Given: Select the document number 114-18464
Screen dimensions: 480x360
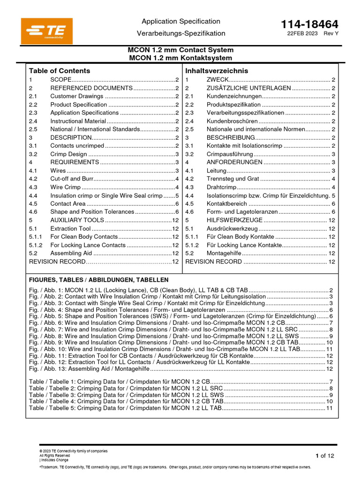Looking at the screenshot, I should pyautogui.click(x=309, y=24).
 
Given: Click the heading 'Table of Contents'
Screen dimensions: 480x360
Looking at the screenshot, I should pyautogui.click(x=60, y=71).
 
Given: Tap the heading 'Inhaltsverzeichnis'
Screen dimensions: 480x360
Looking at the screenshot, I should pyautogui.click(x=217, y=71).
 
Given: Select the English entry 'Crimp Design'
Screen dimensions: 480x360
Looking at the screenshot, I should pyautogui.click(x=68, y=154).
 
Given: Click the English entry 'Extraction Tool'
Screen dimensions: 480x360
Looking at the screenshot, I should pyautogui.click(x=70, y=229).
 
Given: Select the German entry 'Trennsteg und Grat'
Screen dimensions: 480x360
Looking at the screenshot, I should pyautogui.click(x=232, y=179).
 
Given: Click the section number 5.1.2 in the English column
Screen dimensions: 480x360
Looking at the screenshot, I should pyautogui.click(x=36, y=245).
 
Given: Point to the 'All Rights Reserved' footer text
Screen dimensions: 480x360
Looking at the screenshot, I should pyautogui.click(x=54, y=455).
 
